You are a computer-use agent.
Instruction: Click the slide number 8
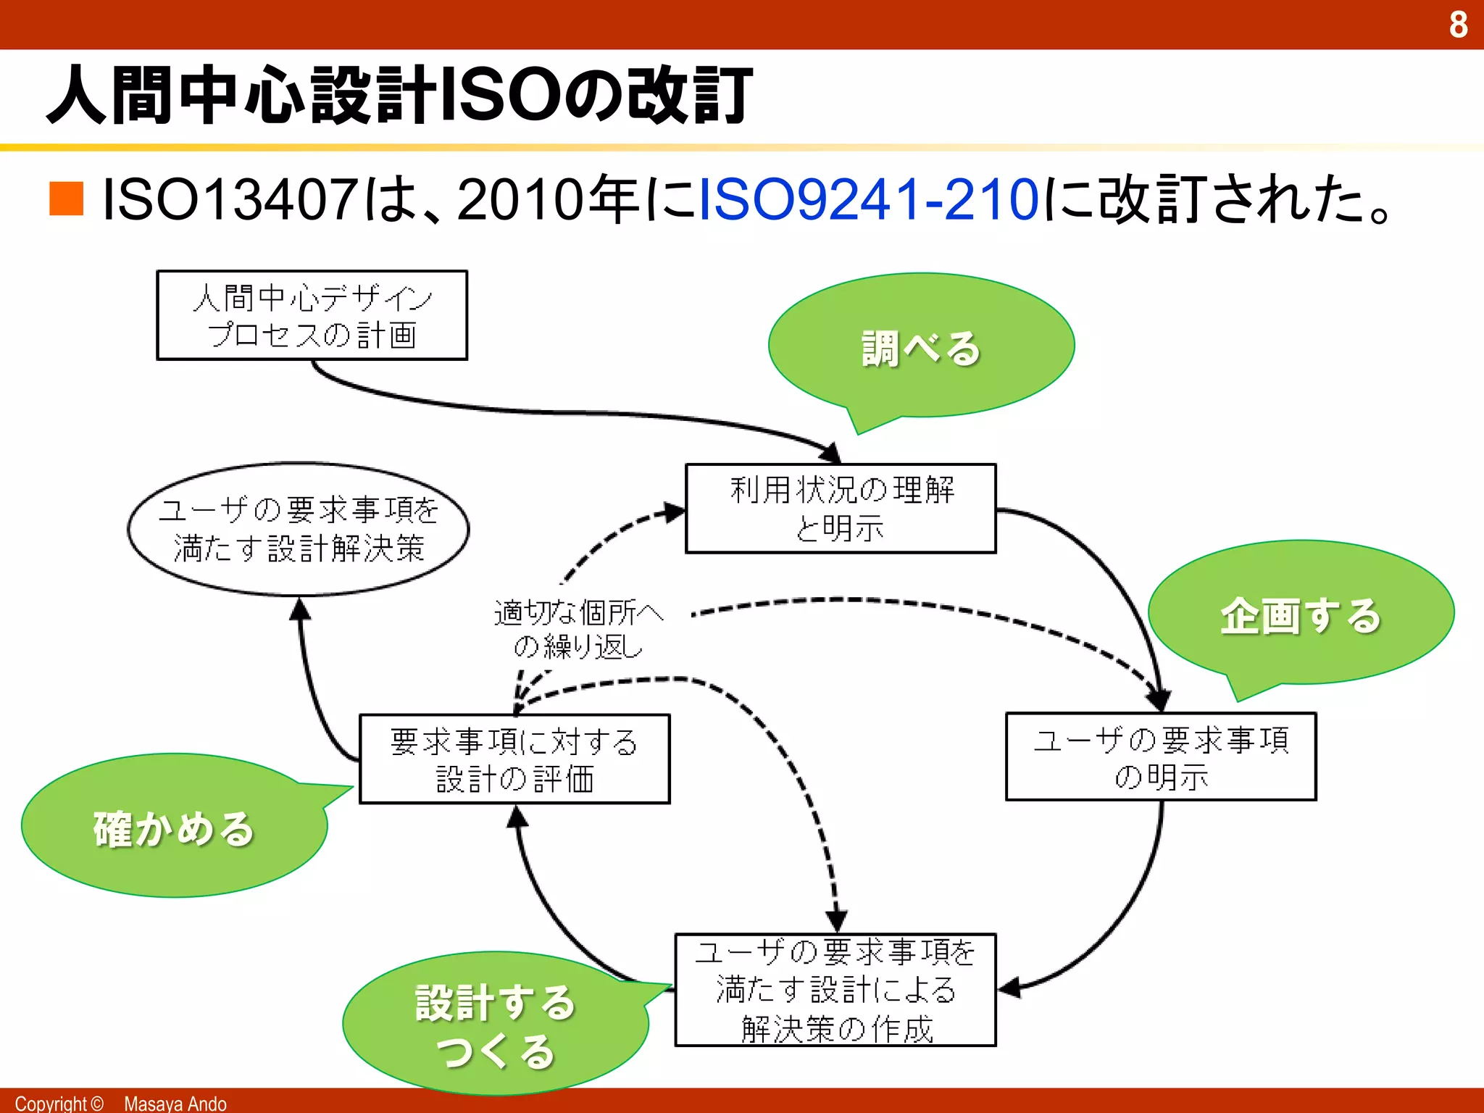coord(1458,25)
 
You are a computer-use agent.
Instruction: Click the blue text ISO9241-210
coord(869,199)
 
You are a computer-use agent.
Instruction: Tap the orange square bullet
coord(67,199)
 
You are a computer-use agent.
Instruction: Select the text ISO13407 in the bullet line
coord(230,199)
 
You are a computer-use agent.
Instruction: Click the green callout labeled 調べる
coord(921,346)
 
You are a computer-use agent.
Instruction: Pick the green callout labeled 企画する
coord(1301,614)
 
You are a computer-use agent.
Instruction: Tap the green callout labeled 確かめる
coord(174,828)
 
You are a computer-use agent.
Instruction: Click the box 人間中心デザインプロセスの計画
coord(312,316)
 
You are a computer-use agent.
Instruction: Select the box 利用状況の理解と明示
coord(841,509)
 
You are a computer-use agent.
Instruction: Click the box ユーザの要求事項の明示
coord(1161,757)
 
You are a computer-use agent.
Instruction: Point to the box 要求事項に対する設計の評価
coord(514,759)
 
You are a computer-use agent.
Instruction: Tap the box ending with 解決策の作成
coord(835,990)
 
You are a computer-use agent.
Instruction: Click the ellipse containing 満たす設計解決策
coord(299,530)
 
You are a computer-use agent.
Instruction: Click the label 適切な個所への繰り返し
coord(578,629)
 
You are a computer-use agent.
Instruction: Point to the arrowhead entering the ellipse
coord(300,610)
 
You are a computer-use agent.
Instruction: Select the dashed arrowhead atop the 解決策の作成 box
coord(837,922)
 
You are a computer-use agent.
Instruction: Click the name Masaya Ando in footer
coord(175,1103)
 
